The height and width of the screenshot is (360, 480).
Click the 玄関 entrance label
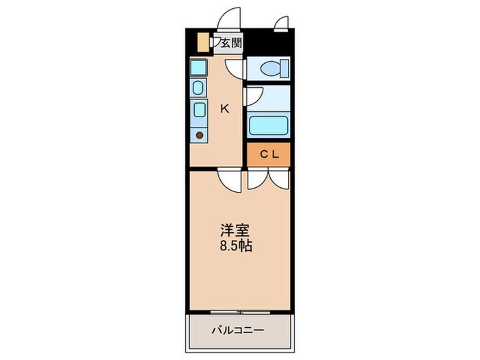[x=231, y=43]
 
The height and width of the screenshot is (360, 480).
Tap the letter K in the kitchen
[x=224, y=108]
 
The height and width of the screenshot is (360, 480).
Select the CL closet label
[x=268, y=154]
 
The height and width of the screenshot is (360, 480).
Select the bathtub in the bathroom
[x=268, y=126]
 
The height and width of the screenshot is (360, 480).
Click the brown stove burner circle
[x=200, y=134]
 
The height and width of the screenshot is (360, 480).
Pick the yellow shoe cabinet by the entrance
[x=203, y=41]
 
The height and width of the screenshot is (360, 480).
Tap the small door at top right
[x=281, y=25]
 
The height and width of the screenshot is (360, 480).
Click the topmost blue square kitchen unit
[x=198, y=67]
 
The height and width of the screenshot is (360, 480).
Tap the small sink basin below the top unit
[x=198, y=88]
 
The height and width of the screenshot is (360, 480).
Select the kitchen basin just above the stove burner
[x=199, y=110]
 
